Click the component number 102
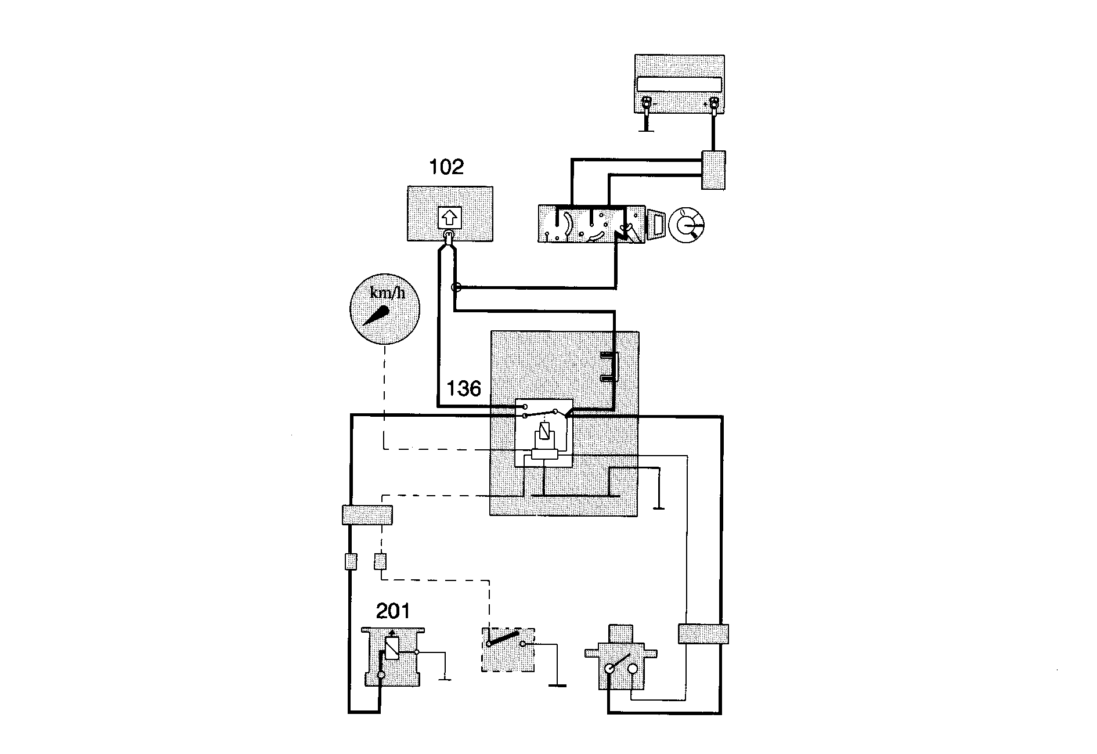click(446, 167)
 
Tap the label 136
click(464, 388)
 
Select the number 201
click(393, 611)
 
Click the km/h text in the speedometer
click(387, 293)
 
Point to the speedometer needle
click(376, 316)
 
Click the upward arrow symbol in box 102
click(448, 218)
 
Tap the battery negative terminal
click(645, 105)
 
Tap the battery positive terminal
click(713, 105)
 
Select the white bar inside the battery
click(679, 84)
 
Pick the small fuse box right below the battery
click(713, 169)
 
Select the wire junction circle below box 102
click(456, 287)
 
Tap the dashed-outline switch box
click(508, 650)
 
